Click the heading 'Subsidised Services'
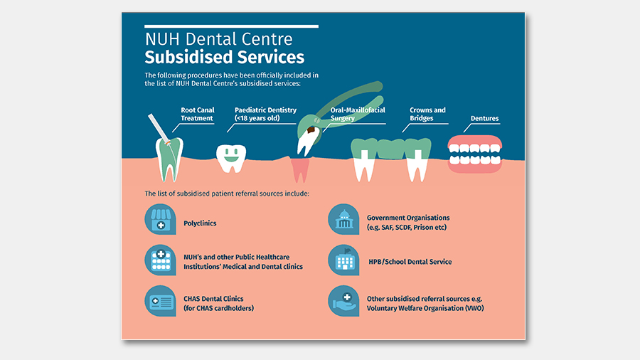[225, 57]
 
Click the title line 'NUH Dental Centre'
[219, 39]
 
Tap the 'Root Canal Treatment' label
[197, 114]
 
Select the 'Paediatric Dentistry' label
[265, 114]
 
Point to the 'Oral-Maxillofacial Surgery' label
[358, 114]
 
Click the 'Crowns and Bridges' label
[427, 114]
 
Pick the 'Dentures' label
[484, 118]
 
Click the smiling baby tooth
[231, 158]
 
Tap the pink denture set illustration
[475, 154]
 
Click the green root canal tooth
[169, 159]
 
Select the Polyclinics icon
[161, 219]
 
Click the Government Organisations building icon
[343, 219]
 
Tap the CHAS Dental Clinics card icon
[161, 301]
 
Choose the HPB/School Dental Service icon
[343, 260]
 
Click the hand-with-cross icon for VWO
[343, 301]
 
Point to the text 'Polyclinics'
[200, 223]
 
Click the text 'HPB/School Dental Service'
[410, 262]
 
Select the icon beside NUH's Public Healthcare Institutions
[161, 260]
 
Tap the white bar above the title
[231, 26]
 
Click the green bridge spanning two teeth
[391, 148]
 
